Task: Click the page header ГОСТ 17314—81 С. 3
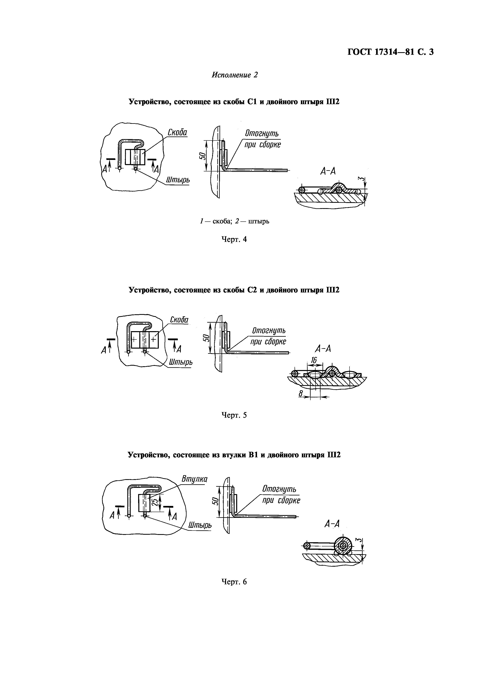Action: tap(390, 52)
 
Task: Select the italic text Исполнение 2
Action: tap(234, 75)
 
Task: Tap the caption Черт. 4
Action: tap(234, 239)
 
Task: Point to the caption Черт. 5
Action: tap(234, 415)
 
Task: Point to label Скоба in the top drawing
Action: tap(177, 133)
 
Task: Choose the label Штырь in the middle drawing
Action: tap(181, 362)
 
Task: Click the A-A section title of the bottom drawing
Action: tap(332, 524)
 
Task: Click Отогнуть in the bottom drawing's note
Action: tap(279, 489)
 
